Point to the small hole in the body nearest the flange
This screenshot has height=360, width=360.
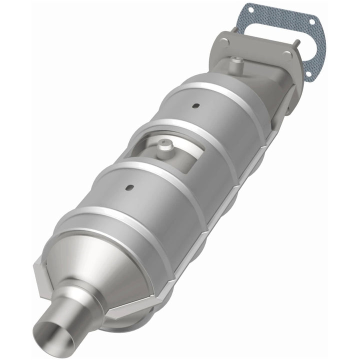[196, 105]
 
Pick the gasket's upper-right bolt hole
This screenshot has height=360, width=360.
[312, 22]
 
